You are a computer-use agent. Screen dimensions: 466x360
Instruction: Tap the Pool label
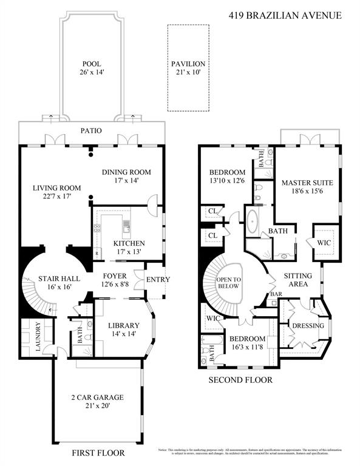[92, 64]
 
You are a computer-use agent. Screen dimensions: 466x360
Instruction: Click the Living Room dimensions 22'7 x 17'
[56, 197]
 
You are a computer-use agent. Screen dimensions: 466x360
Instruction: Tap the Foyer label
[114, 277]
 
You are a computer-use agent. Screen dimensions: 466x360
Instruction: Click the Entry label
[158, 279]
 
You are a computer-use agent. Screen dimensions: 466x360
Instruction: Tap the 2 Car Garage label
[97, 398]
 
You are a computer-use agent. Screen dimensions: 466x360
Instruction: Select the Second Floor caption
[240, 380]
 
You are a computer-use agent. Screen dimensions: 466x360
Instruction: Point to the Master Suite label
[307, 182]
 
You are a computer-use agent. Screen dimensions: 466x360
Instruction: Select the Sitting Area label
[298, 280]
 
